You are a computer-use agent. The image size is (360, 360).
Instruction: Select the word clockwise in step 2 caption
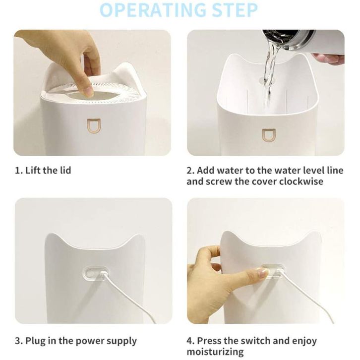point(301,181)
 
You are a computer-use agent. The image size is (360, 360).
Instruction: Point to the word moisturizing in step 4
point(215,352)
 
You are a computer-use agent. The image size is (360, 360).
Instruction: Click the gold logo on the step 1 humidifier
point(94,126)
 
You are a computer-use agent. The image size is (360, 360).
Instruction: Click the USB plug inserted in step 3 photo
point(103,274)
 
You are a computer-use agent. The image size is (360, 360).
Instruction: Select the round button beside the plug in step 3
point(89,273)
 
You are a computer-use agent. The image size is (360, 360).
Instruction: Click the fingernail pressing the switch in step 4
point(263,272)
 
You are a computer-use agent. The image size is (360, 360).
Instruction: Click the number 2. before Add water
point(190,171)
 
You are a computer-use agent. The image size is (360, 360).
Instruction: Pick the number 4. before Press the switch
point(190,341)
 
